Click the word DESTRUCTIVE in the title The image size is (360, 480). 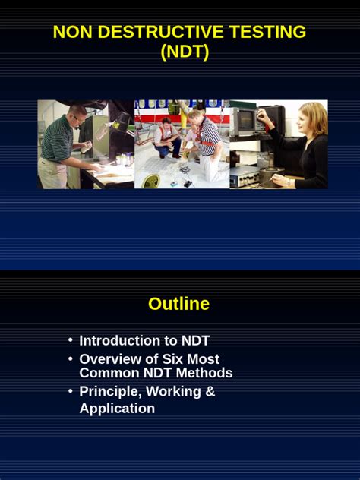[x=160, y=32]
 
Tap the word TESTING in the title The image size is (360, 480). [x=267, y=32]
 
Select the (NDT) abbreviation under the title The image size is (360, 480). [x=185, y=52]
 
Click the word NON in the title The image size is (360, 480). [x=73, y=32]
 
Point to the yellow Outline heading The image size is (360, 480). [x=178, y=304]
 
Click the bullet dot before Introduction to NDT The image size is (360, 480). [x=71, y=340]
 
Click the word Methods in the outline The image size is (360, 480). [x=204, y=373]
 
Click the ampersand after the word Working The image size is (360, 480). [x=210, y=391]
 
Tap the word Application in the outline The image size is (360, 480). [x=117, y=409]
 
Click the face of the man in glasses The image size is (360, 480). [x=79, y=117]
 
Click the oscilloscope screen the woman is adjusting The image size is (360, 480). [x=247, y=120]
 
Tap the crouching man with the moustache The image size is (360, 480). [x=167, y=137]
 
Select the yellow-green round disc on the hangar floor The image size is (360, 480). [x=151, y=181]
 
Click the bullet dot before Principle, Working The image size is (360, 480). [x=71, y=391]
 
